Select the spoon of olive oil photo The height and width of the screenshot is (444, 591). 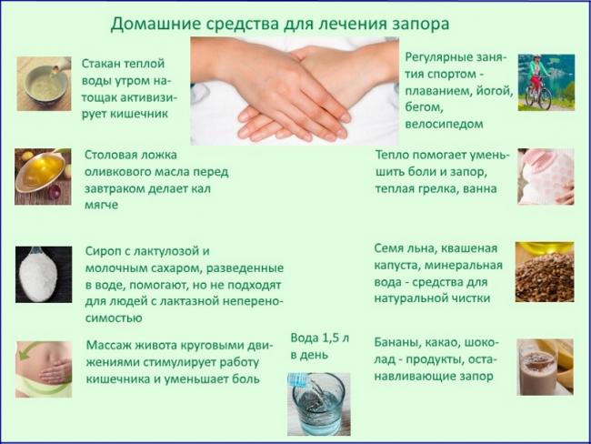(x=43, y=177)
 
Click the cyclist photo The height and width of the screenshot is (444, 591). (x=546, y=83)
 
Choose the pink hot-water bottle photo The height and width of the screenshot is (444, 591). (x=546, y=177)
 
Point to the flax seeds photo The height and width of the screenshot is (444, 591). (x=545, y=272)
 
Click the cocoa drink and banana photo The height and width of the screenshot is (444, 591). (x=545, y=367)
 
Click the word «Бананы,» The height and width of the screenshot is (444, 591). (x=403, y=342)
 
